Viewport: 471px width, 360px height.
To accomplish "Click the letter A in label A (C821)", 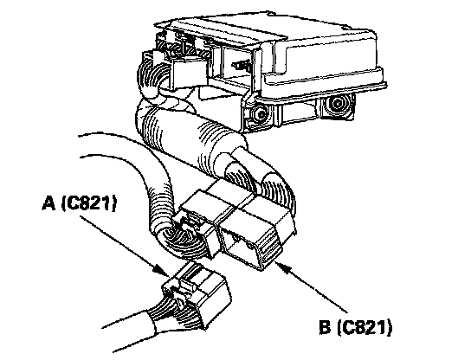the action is (x=49, y=203).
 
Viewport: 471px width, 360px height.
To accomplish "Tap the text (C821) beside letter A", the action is (x=89, y=203).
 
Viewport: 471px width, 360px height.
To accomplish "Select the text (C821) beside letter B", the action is (x=365, y=327).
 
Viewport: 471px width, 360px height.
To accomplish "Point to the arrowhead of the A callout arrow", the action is (x=161, y=270).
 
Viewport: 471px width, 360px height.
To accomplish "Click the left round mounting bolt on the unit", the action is (x=259, y=114).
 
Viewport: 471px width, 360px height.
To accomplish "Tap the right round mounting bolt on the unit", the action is (x=337, y=104).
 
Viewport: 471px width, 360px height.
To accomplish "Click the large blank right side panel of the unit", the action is (x=332, y=59).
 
